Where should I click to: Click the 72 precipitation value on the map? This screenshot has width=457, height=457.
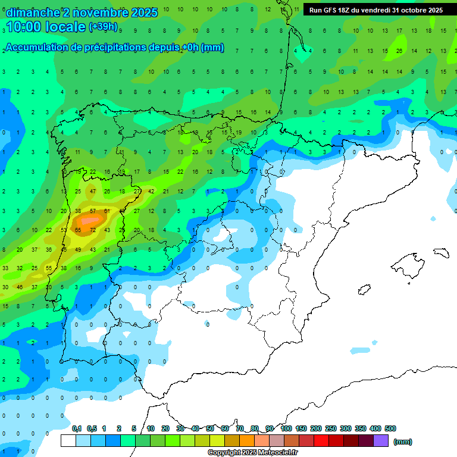click(93, 230)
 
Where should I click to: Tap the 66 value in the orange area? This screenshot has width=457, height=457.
click(78, 230)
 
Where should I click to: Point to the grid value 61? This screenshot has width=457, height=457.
click(107, 211)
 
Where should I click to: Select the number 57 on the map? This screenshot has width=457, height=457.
click(93, 211)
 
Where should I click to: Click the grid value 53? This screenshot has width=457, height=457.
click(64, 230)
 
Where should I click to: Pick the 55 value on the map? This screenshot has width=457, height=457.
click(49, 268)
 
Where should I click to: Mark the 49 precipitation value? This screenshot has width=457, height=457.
click(78, 249)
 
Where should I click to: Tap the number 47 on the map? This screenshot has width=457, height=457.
click(93, 192)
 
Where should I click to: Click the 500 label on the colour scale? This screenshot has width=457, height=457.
click(390, 428)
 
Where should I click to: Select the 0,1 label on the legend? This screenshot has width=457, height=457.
click(77, 428)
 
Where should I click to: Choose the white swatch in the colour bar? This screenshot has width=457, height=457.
click(68, 441)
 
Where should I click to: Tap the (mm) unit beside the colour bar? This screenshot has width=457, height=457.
click(403, 442)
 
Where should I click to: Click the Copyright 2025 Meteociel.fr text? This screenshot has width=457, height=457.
click(253, 453)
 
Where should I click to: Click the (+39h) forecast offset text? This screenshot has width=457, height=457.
click(103, 27)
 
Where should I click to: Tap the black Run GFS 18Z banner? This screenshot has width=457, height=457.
click(375, 10)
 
